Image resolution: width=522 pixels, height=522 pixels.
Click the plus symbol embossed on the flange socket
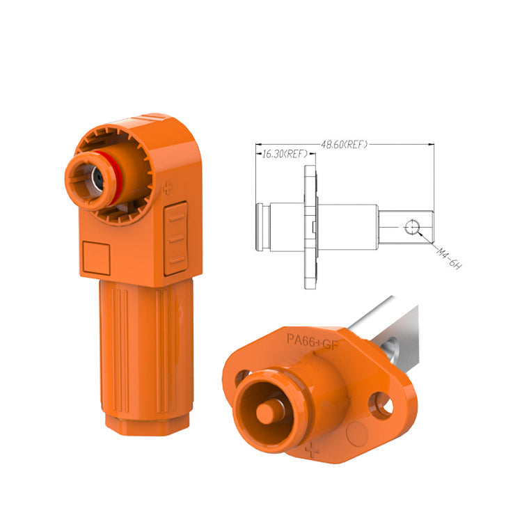pos(313,450)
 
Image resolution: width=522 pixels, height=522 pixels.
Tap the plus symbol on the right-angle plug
pos(167,188)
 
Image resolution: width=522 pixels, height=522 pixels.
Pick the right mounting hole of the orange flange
pos(381,406)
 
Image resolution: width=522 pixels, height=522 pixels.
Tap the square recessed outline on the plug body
pos(97,257)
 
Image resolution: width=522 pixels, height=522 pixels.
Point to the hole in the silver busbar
pos(390,343)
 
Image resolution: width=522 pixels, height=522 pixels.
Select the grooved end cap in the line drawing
pos(262,228)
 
